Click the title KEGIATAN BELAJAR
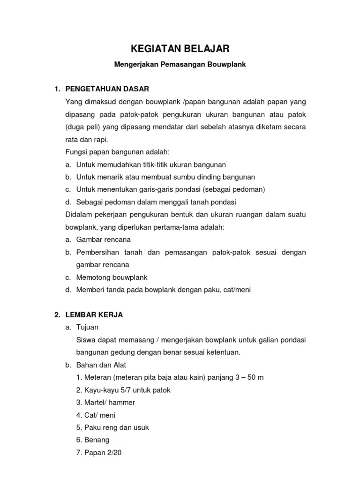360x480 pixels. pos(180,49)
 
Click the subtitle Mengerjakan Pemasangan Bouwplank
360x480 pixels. pos(180,65)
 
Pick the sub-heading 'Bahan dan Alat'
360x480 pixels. pos(101,365)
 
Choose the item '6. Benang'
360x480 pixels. pos(97,440)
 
